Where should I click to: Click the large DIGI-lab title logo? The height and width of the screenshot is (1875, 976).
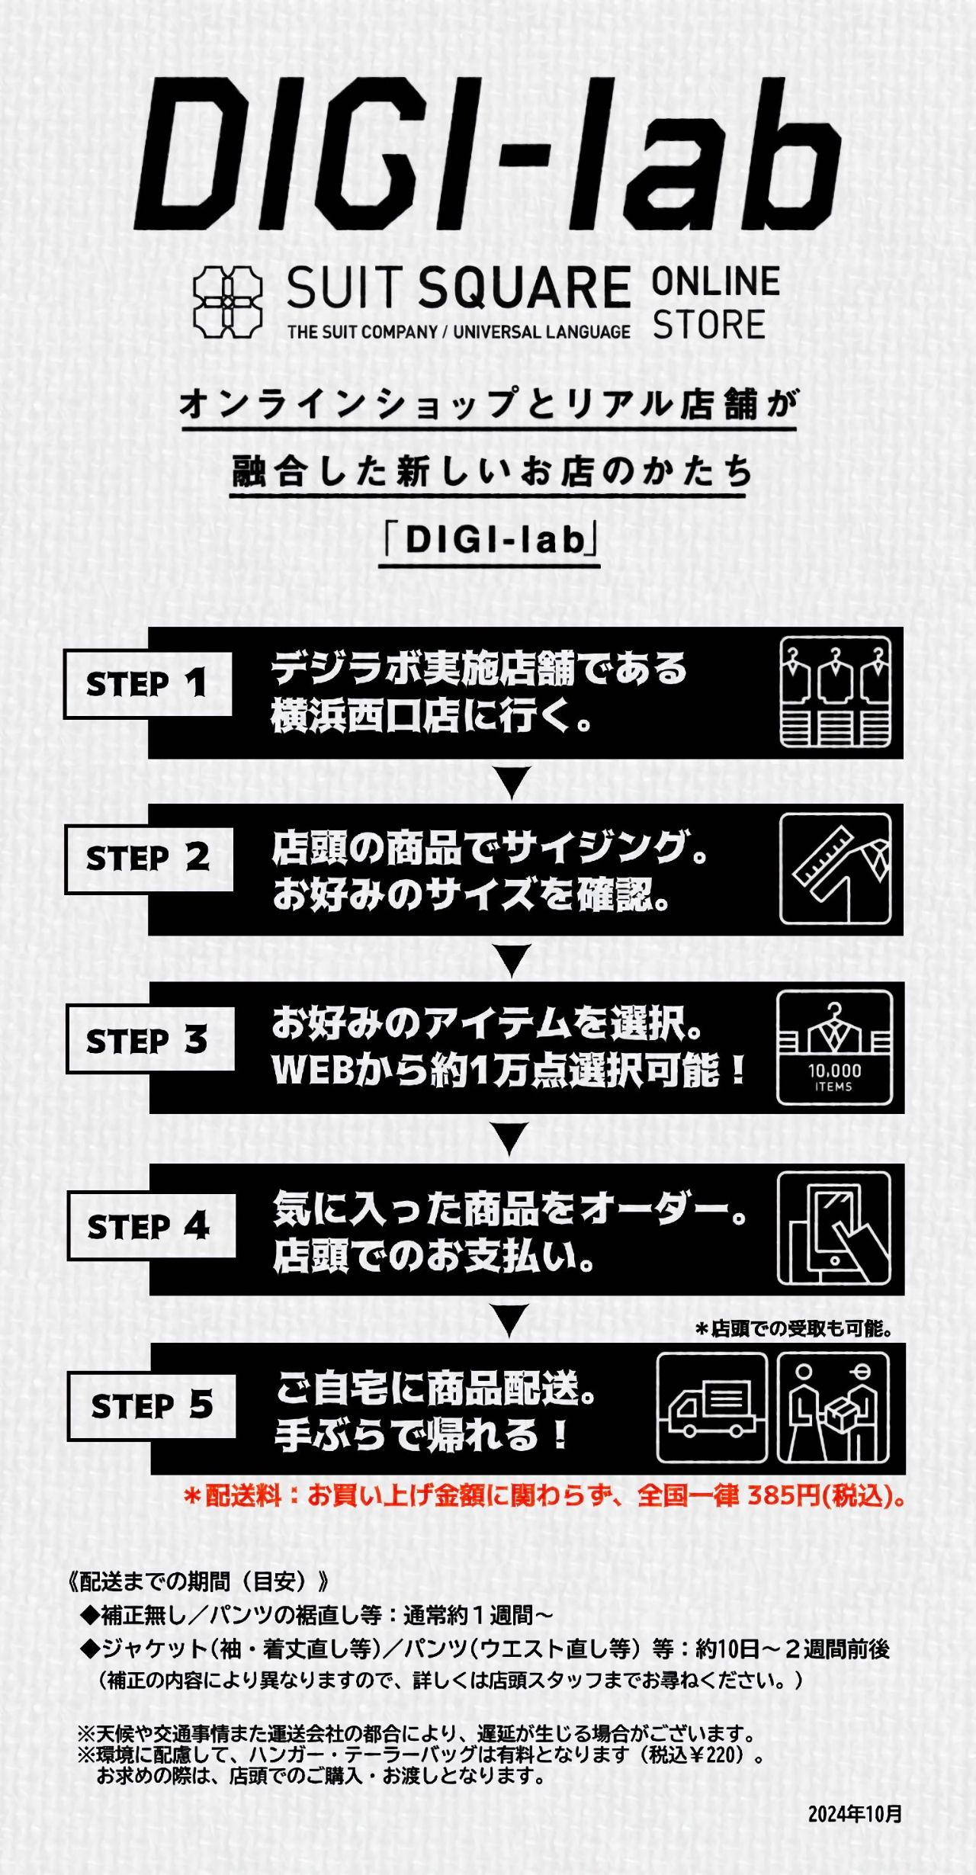(x=488, y=155)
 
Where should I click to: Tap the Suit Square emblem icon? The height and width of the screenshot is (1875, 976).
(x=227, y=302)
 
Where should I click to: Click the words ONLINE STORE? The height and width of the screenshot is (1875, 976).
(x=716, y=303)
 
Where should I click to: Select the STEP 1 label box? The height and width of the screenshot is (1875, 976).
(x=148, y=684)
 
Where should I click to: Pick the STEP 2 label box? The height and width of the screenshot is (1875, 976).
(x=149, y=859)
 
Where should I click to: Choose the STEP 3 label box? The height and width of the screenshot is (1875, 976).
(x=150, y=1040)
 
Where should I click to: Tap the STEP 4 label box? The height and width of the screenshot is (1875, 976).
(x=152, y=1226)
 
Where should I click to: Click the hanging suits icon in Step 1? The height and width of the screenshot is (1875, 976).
(x=836, y=692)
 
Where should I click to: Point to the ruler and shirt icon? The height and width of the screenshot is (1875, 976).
(x=836, y=869)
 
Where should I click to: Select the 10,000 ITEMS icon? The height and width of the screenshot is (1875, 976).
(x=834, y=1048)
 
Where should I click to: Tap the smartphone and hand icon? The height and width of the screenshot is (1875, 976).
(x=834, y=1229)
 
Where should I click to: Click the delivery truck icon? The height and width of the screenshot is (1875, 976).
(x=712, y=1408)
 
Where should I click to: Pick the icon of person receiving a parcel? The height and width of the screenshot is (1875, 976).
(x=833, y=1408)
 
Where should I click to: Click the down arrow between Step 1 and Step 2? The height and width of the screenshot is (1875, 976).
(x=512, y=783)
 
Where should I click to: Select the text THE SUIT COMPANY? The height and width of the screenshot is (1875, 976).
(x=362, y=332)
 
